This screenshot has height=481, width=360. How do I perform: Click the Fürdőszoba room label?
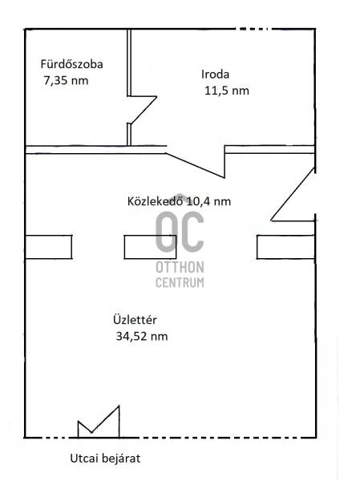pos(71,64)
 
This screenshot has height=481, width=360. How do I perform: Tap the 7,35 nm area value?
pos(66,81)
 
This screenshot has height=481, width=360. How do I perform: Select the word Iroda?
pos(215,74)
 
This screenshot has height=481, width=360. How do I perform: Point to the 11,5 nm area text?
pos(226,91)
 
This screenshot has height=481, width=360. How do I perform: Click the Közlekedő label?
pos(156,201)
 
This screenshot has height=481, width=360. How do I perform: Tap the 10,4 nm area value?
pos(208,201)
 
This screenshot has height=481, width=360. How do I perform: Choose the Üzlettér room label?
pos(135,320)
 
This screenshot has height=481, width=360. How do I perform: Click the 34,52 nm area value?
pos(142,336)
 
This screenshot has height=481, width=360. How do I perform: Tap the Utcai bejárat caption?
pos(105,459)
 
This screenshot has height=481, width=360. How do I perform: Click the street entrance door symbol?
pos(99,422)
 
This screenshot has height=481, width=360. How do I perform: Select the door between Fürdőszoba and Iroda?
pos(142,110)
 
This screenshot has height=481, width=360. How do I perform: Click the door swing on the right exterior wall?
pos(293,194)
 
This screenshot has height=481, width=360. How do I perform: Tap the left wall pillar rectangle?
pos(48,247)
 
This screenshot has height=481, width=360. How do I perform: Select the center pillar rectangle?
pos(151,247)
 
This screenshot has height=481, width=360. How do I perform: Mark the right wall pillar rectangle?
pos(285,247)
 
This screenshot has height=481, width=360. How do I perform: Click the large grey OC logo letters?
pos(180,232)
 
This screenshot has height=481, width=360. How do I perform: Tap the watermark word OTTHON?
pos(180,267)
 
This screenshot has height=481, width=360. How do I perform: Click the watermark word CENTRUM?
pos(180,282)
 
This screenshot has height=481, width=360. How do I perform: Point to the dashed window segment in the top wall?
pos(254,29)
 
